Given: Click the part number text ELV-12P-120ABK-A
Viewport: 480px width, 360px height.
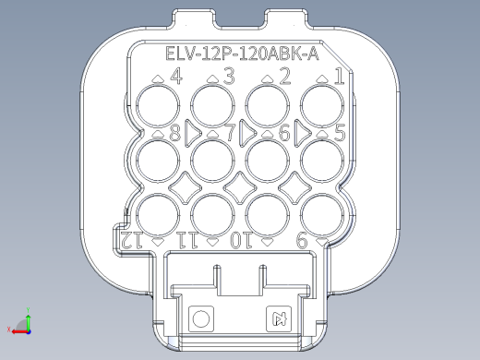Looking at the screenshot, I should click(x=242, y=54).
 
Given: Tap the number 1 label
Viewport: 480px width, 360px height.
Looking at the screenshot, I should click(x=339, y=76).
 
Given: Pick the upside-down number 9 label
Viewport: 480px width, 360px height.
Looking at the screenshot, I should click(x=301, y=241).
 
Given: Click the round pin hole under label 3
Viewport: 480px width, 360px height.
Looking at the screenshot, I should click(x=213, y=108).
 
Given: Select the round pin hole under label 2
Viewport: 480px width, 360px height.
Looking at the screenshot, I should click(x=269, y=108).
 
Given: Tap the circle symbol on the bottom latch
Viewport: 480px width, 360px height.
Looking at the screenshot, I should click(x=200, y=319).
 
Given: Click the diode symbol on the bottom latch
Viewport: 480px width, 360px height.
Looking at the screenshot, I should click(x=279, y=319).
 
